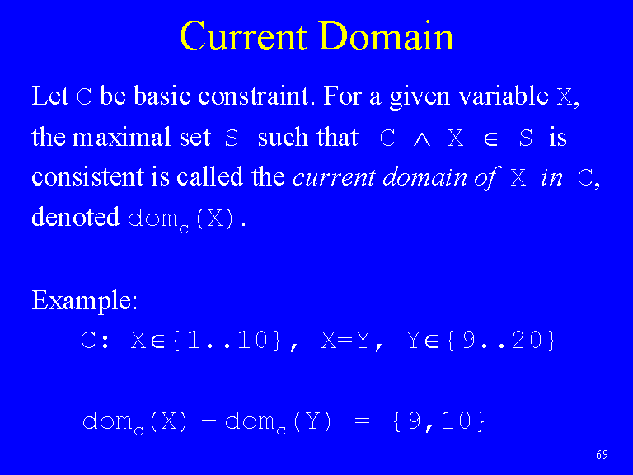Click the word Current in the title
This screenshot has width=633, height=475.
tap(243, 36)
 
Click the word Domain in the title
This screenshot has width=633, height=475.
tap(387, 36)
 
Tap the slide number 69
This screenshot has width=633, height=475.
tap(602, 454)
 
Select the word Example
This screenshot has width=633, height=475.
tap(84, 301)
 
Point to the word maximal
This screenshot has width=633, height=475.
tap(121, 137)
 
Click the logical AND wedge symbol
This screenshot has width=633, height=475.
tap(422, 139)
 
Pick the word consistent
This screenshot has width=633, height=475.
tap(87, 177)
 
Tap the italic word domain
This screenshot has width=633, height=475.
tap(424, 177)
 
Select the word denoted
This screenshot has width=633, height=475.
tap(76, 217)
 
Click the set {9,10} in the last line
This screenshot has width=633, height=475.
tap(438, 421)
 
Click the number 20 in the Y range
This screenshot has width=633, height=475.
tap(527, 340)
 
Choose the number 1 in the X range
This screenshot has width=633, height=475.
tap(194, 340)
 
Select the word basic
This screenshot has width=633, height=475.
tap(162, 96)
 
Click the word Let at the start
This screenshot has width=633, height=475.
tap(50, 96)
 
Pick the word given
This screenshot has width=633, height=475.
tap(420, 97)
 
